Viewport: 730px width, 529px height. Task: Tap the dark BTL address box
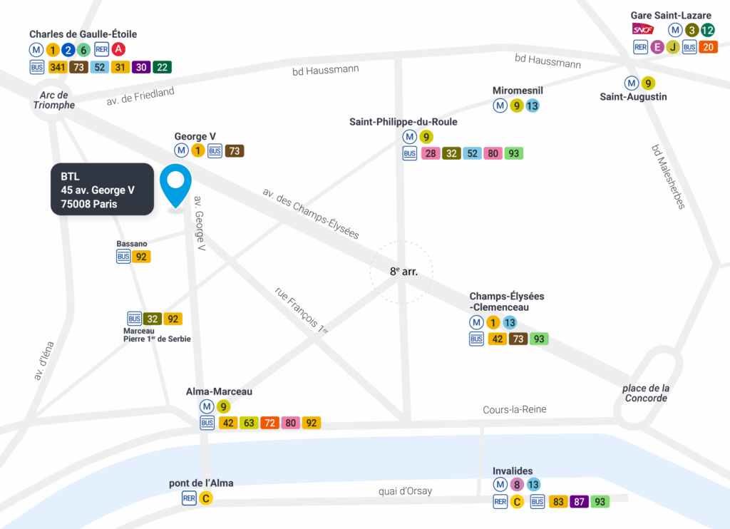pos(102,190)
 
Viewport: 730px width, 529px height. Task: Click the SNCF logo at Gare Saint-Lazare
pos(643,30)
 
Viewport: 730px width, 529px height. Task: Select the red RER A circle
pos(119,49)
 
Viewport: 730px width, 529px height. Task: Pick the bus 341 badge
pos(58,67)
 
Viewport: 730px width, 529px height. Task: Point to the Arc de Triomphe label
pos(54,100)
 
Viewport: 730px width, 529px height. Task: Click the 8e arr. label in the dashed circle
pos(402,272)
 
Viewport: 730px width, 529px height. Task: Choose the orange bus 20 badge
pos(707,47)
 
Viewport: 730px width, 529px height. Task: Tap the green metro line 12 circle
pos(707,30)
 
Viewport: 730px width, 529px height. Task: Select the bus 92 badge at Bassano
pos(141,257)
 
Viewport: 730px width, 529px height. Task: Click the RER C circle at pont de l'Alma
pos(205,498)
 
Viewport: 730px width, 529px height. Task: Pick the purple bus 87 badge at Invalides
pos(580,502)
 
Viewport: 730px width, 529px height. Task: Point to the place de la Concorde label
pos(646,393)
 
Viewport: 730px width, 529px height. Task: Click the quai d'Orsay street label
pos(405,491)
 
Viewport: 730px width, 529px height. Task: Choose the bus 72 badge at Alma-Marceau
pos(269,423)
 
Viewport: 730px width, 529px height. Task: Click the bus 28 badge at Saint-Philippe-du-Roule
pos(431,153)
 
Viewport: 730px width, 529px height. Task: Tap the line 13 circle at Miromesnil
pos(532,106)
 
